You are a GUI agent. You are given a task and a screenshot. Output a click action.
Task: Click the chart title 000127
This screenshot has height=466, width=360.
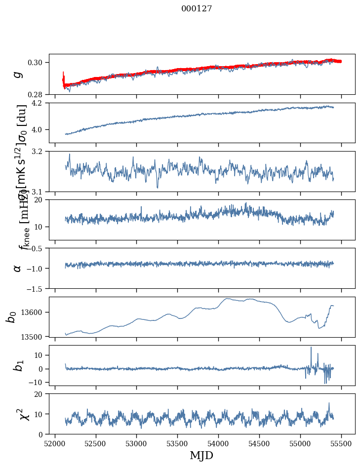coord(197,9)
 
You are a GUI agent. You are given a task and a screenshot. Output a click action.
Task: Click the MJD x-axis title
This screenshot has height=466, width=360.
coord(201,455)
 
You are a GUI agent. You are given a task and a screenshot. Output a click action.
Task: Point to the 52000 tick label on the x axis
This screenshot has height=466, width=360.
coord(55,443)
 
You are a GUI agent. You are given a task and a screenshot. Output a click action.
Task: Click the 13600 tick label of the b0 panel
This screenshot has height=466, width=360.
coord(34,312)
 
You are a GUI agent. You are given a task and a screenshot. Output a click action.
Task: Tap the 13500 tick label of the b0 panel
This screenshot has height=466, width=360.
coord(34,337)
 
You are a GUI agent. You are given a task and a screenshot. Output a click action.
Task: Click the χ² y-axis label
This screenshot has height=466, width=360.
coord(18,414)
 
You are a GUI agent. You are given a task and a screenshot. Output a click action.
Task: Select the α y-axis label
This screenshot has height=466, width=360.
coord(17,268)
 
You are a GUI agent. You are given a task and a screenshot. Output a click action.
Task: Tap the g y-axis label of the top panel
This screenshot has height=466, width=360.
coord(17,74)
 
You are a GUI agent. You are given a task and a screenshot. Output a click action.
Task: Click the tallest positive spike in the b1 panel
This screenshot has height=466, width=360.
coord(311,348)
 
